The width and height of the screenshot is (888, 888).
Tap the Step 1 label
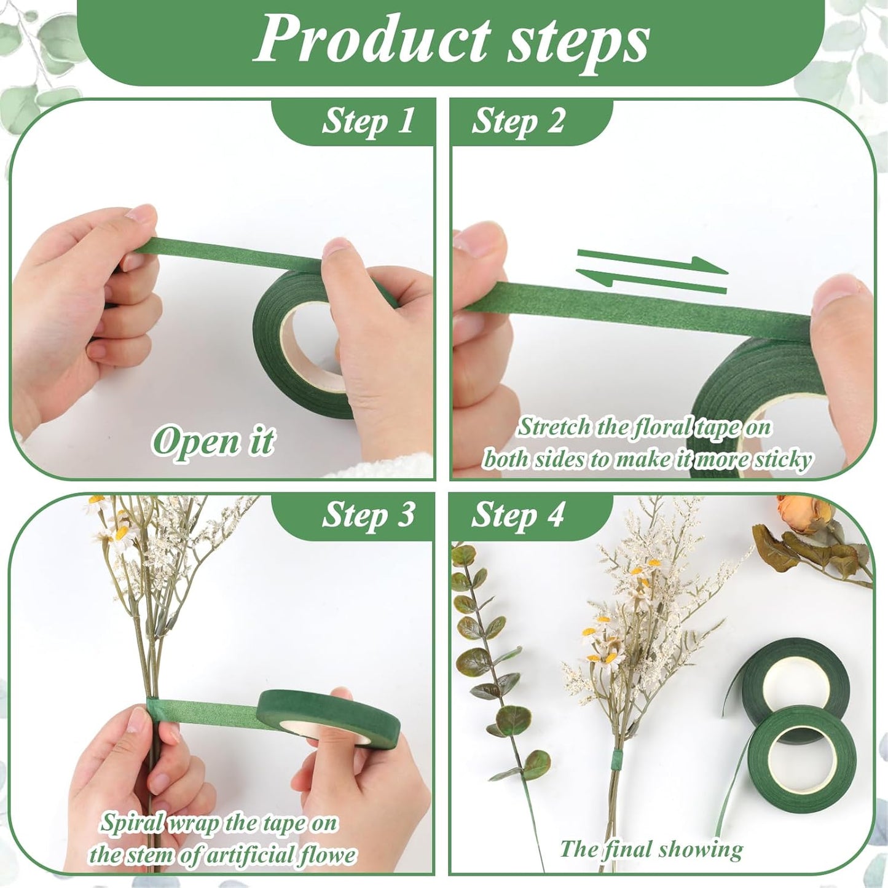368,122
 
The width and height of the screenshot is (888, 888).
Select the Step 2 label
517,122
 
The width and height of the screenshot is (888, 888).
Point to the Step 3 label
368,515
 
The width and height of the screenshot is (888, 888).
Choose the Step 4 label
517,515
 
